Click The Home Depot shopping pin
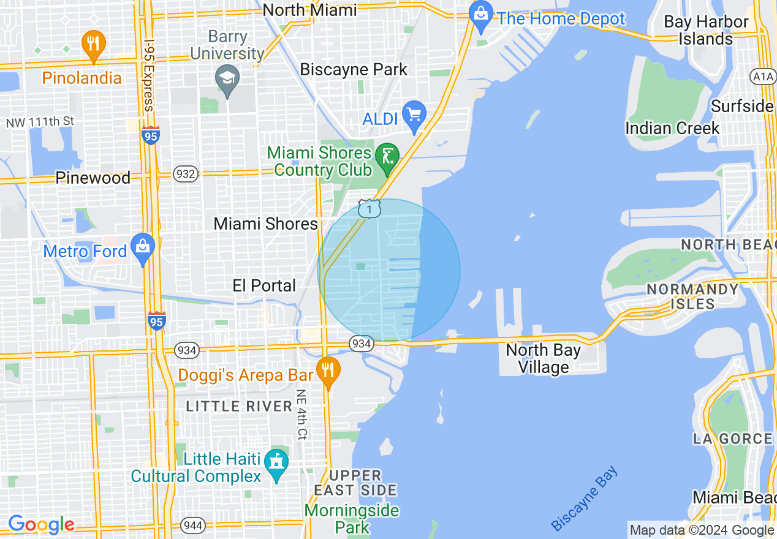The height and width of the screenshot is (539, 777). click(x=481, y=16)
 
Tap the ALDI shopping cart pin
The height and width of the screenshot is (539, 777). click(x=414, y=115)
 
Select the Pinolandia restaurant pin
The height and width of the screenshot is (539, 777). click(x=93, y=44)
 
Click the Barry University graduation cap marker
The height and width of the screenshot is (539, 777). click(x=227, y=80)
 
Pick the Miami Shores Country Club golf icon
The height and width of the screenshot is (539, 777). click(x=387, y=156)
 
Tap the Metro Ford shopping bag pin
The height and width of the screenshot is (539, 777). click(x=143, y=247)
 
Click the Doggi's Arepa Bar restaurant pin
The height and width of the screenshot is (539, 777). click(x=328, y=371)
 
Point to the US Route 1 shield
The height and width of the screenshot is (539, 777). click(x=369, y=209)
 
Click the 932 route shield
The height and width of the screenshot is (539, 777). click(x=185, y=174)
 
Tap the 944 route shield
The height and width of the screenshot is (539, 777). click(x=193, y=525)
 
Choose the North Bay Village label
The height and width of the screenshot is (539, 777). click(x=544, y=358)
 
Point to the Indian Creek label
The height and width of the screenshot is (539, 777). click(x=672, y=128)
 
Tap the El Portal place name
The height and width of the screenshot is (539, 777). click(x=264, y=285)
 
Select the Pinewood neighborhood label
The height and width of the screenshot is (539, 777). click(x=93, y=178)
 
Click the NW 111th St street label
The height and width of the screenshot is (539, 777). click(x=40, y=122)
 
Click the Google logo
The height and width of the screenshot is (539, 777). click(x=40, y=524)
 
